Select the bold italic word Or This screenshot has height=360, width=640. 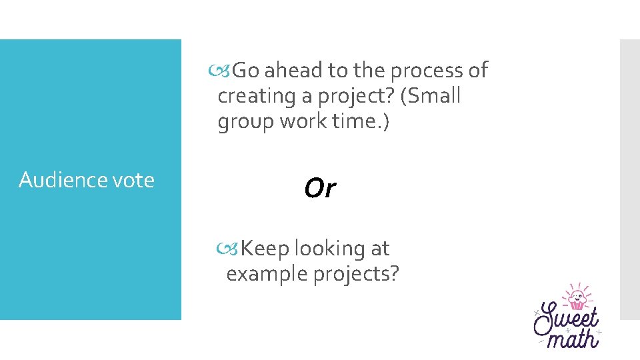tap(320, 189)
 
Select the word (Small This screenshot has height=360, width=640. tap(431, 96)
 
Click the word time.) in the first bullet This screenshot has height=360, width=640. tap(365, 121)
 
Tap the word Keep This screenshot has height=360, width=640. tap(265, 249)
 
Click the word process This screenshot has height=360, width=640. tap(424, 70)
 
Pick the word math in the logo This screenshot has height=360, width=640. tap(572, 337)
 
